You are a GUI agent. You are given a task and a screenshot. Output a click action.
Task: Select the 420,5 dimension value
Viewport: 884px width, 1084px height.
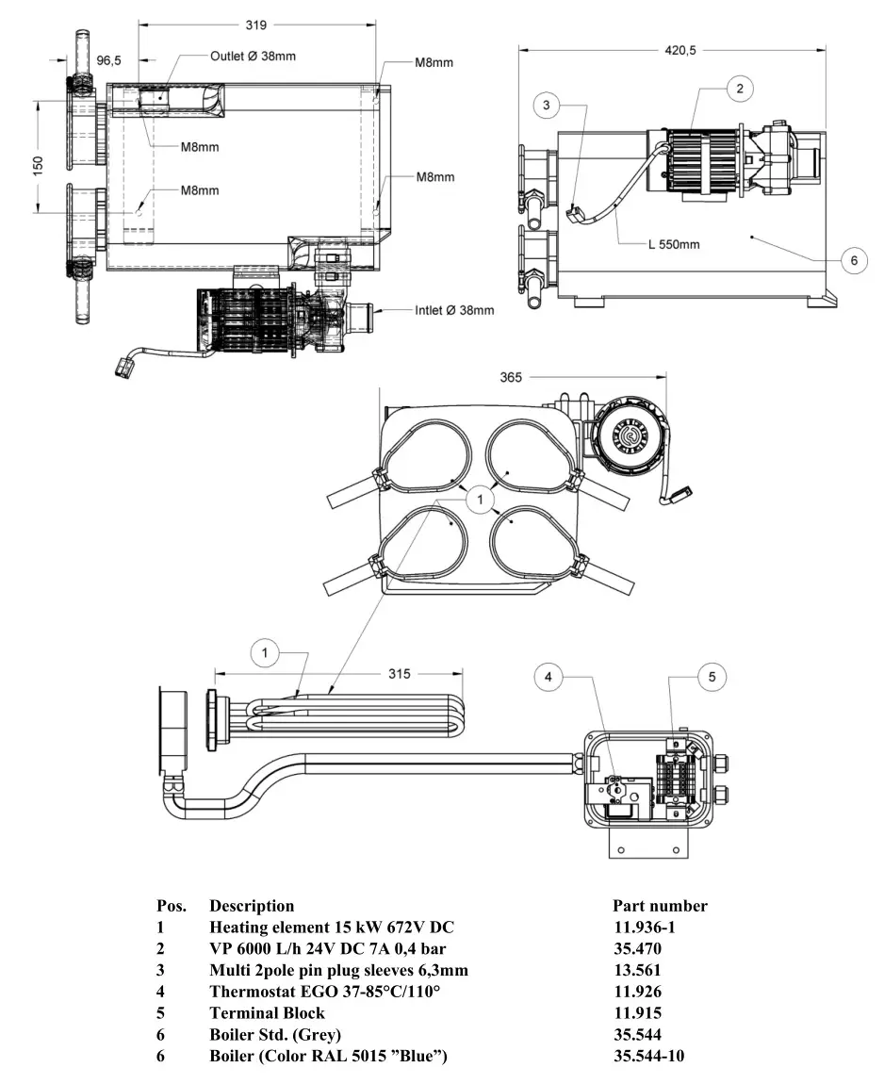click(680, 51)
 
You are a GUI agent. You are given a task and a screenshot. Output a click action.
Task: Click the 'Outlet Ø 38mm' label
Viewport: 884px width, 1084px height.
click(252, 57)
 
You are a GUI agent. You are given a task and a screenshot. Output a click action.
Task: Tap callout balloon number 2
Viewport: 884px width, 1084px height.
click(740, 88)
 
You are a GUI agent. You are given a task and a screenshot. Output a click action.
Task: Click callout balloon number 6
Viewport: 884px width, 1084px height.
click(853, 260)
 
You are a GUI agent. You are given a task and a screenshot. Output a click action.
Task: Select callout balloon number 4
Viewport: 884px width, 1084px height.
click(549, 675)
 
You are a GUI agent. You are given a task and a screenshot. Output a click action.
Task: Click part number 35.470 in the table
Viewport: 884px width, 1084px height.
click(637, 948)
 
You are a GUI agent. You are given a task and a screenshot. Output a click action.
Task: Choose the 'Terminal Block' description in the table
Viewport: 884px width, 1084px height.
click(267, 1012)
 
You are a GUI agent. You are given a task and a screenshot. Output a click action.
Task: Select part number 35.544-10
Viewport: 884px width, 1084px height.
click(648, 1056)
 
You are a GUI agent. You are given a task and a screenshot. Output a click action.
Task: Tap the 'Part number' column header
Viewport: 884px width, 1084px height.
click(660, 906)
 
